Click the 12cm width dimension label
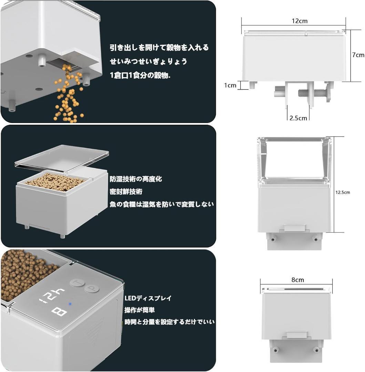pos(300,21)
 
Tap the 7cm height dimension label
pos(358,55)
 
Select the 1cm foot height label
pos(230,85)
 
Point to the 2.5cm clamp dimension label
pos(298,118)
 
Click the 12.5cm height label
pos(343,193)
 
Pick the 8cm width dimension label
pos(297,280)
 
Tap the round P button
pos(92,289)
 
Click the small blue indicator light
pos(70,304)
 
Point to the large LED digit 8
pos(59,312)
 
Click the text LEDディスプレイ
pos(148,298)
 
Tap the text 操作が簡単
pos(140,310)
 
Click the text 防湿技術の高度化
pos(136,179)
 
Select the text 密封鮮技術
pos(126,192)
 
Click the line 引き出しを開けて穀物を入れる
pos(159,48)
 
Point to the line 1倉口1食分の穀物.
pos(140,75)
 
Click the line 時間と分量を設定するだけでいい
pos(170,322)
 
